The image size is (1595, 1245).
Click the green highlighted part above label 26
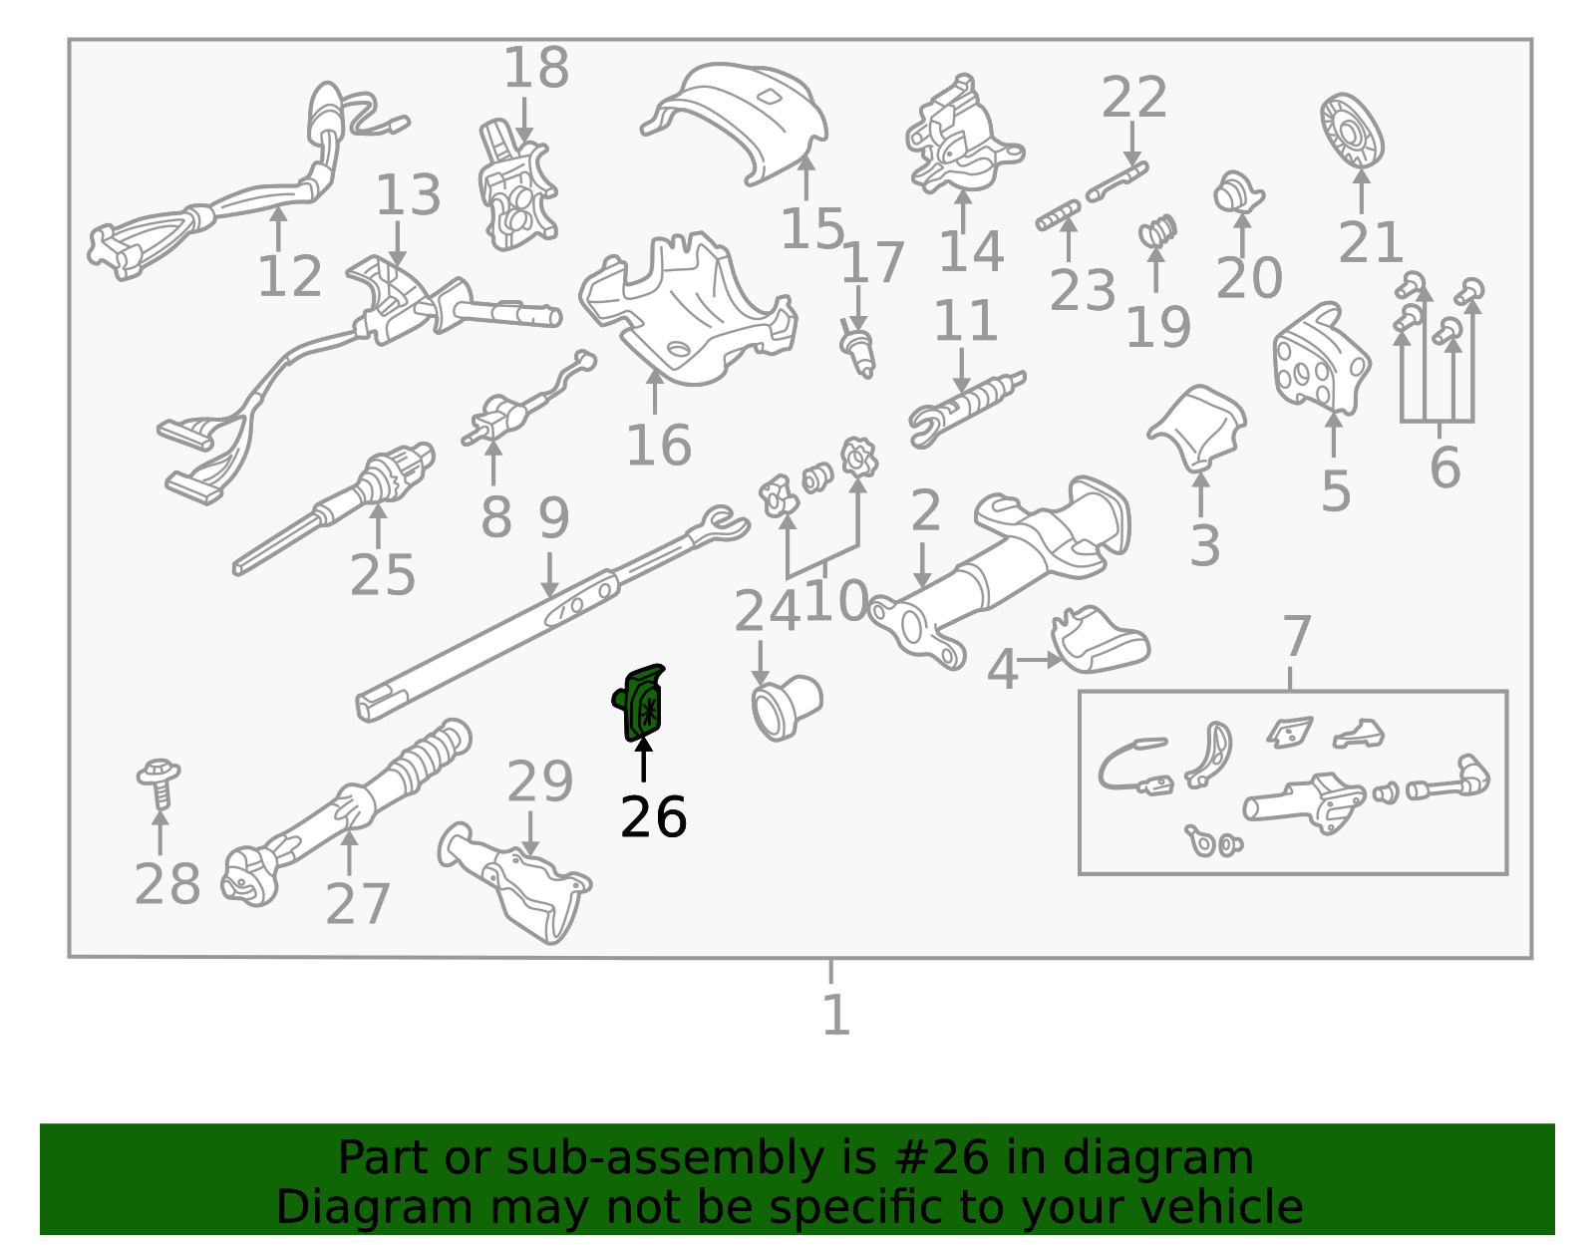[x=640, y=703]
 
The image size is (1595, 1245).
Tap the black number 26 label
[x=653, y=817]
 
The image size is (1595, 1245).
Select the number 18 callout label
[x=536, y=68]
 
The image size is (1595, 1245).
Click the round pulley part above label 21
[x=1352, y=132]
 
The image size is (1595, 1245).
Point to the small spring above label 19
[x=1157, y=231]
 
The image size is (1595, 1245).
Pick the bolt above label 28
[x=159, y=783]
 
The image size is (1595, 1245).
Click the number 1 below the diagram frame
[x=835, y=1016]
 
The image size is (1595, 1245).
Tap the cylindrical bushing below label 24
[x=787, y=707]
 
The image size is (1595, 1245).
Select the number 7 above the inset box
[x=1296, y=636]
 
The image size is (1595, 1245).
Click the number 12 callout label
[x=289, y=276]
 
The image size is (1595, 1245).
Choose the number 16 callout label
[x=658, y=445]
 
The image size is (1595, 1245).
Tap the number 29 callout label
[x=539, y=780]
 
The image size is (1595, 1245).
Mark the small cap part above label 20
[x=1237, y=193]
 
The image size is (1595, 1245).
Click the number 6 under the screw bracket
[x=1445, y=467]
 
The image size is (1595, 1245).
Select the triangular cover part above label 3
[x=1197, y=427]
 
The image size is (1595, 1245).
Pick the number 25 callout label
[x=383, y=574]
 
